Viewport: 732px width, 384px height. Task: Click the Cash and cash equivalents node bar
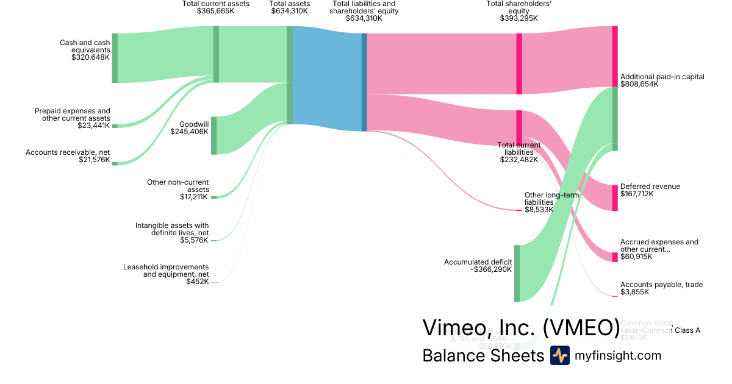(115, 58)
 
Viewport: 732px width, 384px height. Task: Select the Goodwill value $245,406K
(189, 132)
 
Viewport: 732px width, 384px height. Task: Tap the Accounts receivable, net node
(115, 163)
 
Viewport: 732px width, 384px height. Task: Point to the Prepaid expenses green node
(115, 126)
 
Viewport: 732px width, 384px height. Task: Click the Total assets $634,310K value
(290, 11)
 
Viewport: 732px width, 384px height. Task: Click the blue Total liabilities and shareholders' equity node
(364, 82)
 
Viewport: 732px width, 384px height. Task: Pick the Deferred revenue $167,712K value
(637, 194)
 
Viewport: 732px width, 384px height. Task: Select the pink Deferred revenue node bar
(615, 197)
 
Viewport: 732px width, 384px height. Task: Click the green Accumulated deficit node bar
(517, 273)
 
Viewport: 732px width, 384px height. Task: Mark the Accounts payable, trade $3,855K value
(634, 292)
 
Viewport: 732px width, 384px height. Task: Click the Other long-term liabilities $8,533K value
(539, 209)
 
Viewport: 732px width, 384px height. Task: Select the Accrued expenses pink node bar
(615, 257)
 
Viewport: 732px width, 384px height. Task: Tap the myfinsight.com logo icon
(559, 355)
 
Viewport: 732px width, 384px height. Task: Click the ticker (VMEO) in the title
(581, 328)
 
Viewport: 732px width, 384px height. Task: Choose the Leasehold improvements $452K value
(198, 282)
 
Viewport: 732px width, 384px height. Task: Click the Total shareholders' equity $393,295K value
(518, 18)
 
